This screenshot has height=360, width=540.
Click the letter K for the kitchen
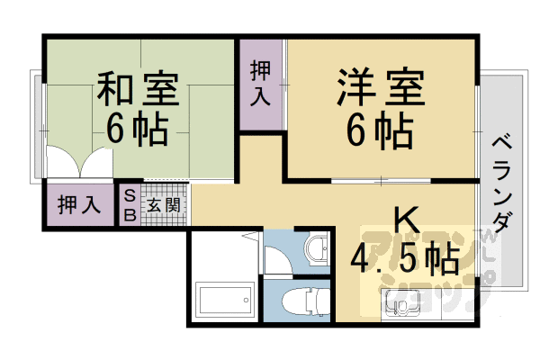click(x=404, y=220)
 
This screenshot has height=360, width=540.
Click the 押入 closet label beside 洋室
click(x=261, y=84)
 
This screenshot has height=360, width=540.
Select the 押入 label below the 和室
click(x=78, y=203)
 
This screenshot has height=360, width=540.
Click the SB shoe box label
click(x=130, y=203)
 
